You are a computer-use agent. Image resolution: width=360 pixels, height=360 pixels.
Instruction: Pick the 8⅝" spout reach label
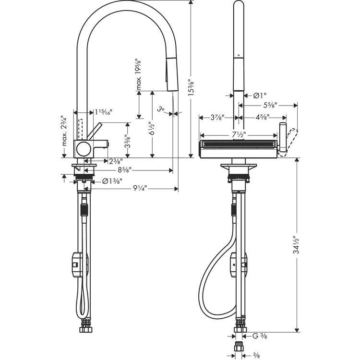tap(124, 170)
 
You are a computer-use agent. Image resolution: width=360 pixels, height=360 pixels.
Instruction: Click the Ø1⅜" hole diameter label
tap(111, 181)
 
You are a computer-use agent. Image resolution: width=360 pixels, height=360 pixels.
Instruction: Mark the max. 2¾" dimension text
tap(63, 132)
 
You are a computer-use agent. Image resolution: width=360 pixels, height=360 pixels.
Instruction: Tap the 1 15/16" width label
tap(103, 112)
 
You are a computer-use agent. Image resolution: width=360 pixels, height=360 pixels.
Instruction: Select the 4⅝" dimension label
tap(261, 117)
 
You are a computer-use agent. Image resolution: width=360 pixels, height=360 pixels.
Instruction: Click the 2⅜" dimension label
tap(115, 161)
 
